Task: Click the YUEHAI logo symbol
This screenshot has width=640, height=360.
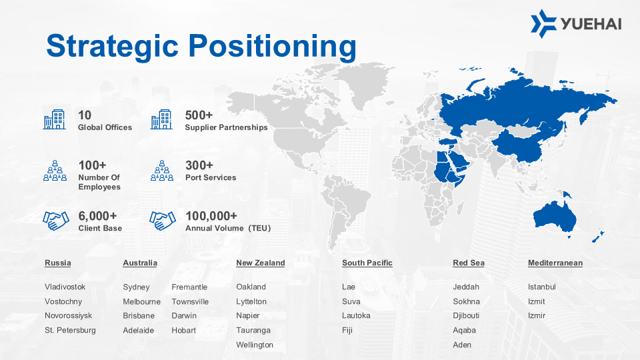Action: [544, 24]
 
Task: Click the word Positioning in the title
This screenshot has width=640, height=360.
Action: [272, 47]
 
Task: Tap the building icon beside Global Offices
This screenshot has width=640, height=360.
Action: [54, 119]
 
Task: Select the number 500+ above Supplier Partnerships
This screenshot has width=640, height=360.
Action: [199, 115]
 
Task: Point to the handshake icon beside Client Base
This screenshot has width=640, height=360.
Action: [55, 221]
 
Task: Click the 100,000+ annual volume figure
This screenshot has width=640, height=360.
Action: [211, 215]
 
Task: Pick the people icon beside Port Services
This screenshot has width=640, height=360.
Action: [162, 171]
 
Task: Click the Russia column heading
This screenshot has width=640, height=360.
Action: [57, 263]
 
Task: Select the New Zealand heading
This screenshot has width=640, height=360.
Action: [261, 263]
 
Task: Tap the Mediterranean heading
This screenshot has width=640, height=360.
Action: [555, 263]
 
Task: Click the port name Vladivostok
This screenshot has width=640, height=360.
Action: [65, 287]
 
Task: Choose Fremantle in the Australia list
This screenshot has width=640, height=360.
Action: [189, 287]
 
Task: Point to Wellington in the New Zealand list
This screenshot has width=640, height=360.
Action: [255, 345]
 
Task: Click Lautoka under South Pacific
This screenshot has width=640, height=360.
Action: [356, 315]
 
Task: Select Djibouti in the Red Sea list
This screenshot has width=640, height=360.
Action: [466, 315]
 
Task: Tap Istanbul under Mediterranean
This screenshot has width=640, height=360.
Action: [541, 287]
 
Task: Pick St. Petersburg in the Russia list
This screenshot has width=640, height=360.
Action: [70, 330]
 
